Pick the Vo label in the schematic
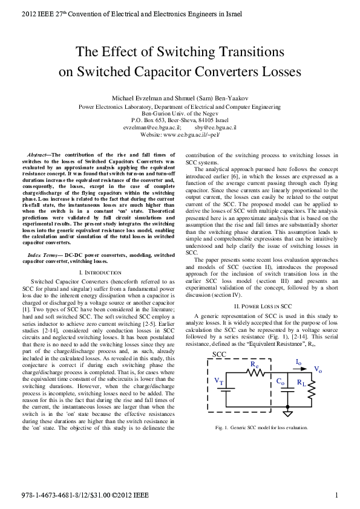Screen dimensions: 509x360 click(318, 369)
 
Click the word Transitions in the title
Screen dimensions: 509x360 click(247, 52)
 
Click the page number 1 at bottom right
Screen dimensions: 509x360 click(336, 496)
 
